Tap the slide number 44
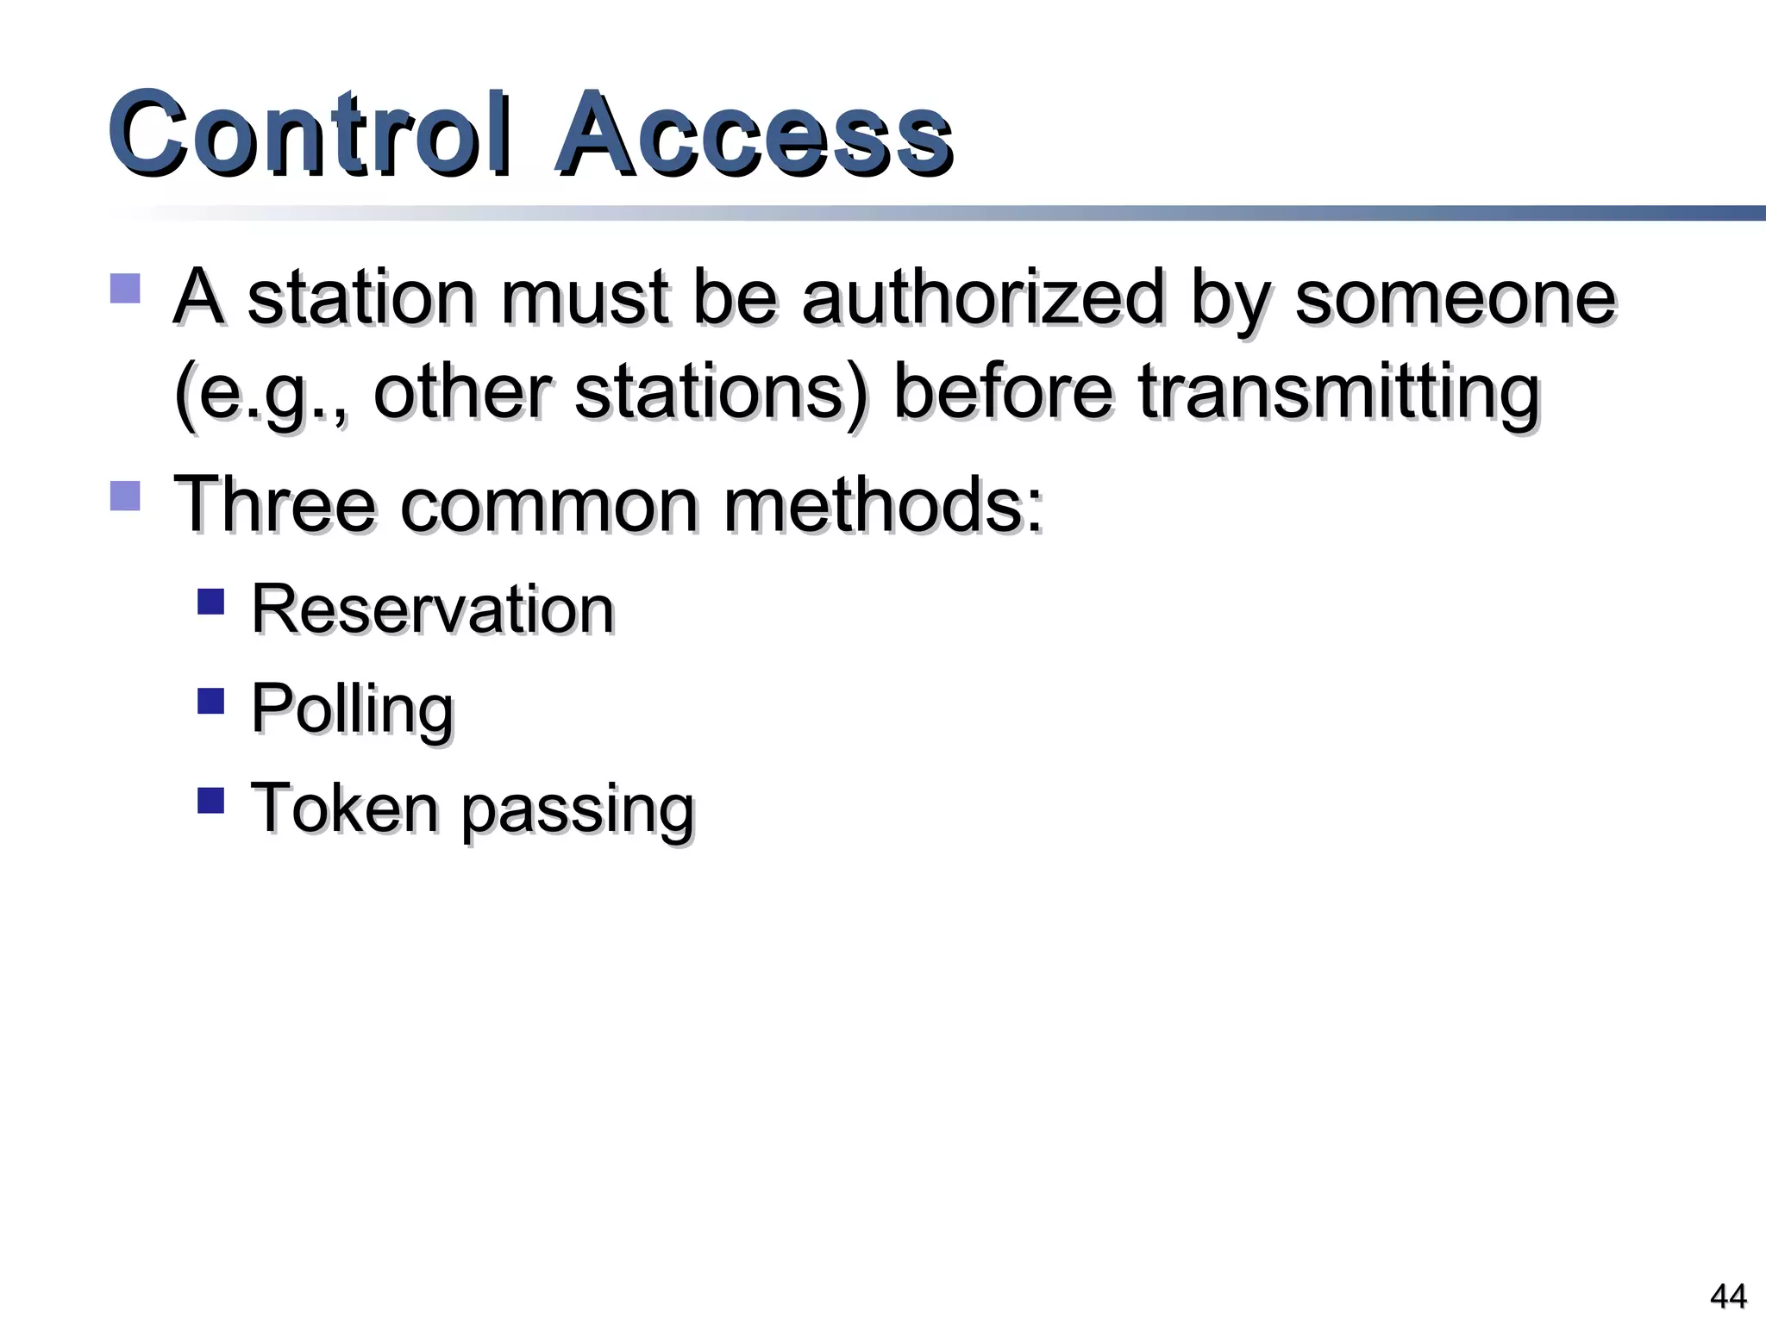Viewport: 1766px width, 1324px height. [x=1727, y=1296]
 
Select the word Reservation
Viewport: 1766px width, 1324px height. [x=432, y=609]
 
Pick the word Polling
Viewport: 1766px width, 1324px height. [x=352, y=709]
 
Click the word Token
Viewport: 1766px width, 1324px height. [x=344, y=809]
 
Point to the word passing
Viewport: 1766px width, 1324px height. [x=577, y=810]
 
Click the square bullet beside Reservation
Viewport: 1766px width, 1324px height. [x=210, y=601]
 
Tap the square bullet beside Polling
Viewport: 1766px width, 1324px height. [x=210, y=701]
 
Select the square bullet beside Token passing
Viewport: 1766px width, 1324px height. [x=210, y=801]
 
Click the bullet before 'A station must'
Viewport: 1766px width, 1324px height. [x=126, y=289]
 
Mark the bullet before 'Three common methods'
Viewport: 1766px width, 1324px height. [x=126, y=496]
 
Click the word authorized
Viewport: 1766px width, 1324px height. [x=983, y=297]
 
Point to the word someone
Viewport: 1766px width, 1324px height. [x=1455, y=297]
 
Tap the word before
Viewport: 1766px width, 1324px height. [x=1003, y=392]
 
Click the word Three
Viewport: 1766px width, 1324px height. [x=275, y=505]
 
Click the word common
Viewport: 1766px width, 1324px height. [x=549, y=505]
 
